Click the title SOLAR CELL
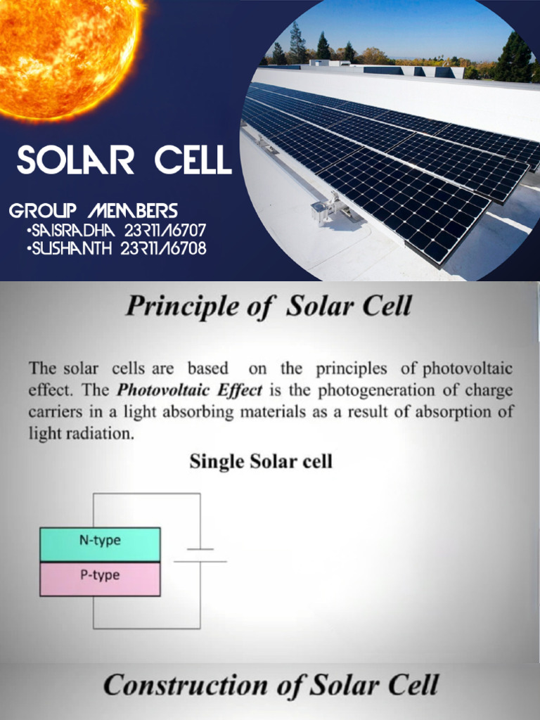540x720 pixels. (x=124, y=161)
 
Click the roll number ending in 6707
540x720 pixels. (x=165, y=231)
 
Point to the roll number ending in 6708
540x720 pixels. (x=165, y=248)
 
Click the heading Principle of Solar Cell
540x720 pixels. (x=268, y=307)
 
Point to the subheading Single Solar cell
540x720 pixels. (x=260, y=462)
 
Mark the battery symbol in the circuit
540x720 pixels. (x=200, y=555)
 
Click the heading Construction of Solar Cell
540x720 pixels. (x=271, y=684)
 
